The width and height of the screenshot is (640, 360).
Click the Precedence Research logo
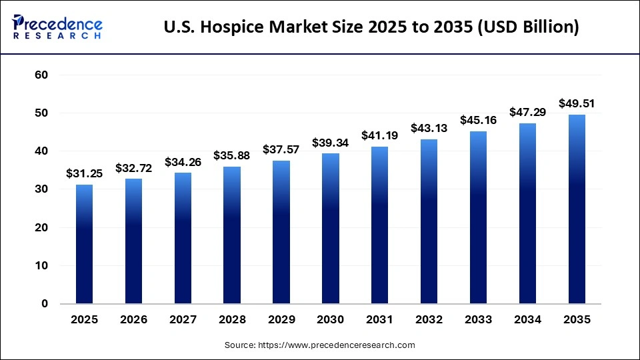pos(57,27)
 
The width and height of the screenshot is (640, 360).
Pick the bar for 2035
pos(577,209)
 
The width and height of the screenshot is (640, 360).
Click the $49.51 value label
pos(577,103)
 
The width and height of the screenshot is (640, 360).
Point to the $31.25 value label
pos(84,173)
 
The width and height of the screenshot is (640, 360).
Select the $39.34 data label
pos(331,142)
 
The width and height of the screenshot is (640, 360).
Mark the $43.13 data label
pos(429,128)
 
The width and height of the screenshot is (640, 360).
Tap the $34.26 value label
pos(183,161)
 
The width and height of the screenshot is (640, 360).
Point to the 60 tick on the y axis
pos(41,75)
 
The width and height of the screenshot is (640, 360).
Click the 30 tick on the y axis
pos(41,189)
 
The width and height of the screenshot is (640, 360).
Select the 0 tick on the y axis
pos(45,304)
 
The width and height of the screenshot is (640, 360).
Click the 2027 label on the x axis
pos(183,320)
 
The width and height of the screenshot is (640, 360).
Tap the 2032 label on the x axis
pos(429,320)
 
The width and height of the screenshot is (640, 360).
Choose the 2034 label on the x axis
pos(527,320)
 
